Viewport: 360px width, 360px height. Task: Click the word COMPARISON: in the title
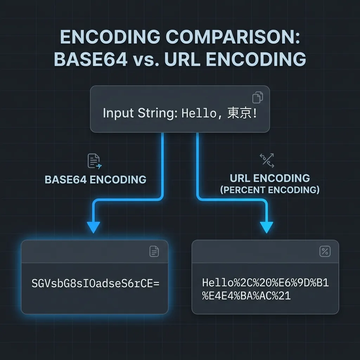pos(233,37)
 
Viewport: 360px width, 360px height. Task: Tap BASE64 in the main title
pos(91,59)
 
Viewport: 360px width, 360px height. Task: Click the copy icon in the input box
pos(258,97)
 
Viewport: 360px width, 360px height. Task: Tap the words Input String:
pos(140,113)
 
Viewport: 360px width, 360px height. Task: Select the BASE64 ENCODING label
pos(96,180)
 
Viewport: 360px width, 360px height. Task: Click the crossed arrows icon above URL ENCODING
pos(267,160)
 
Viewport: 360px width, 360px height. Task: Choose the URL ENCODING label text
pos(270,178)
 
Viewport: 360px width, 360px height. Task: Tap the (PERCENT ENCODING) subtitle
pos(270,190)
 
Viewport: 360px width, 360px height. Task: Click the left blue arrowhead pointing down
pos(94,227)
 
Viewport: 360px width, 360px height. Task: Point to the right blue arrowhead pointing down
pos(266,227)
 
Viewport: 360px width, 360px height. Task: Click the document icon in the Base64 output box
pos(154,251)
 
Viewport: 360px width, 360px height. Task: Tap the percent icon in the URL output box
pos(325,251)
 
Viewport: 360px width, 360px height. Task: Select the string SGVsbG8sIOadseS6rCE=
pos(96,283)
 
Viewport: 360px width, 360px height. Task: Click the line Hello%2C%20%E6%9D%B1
pos(265,283)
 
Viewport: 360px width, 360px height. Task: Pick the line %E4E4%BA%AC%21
pos(246,296)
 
